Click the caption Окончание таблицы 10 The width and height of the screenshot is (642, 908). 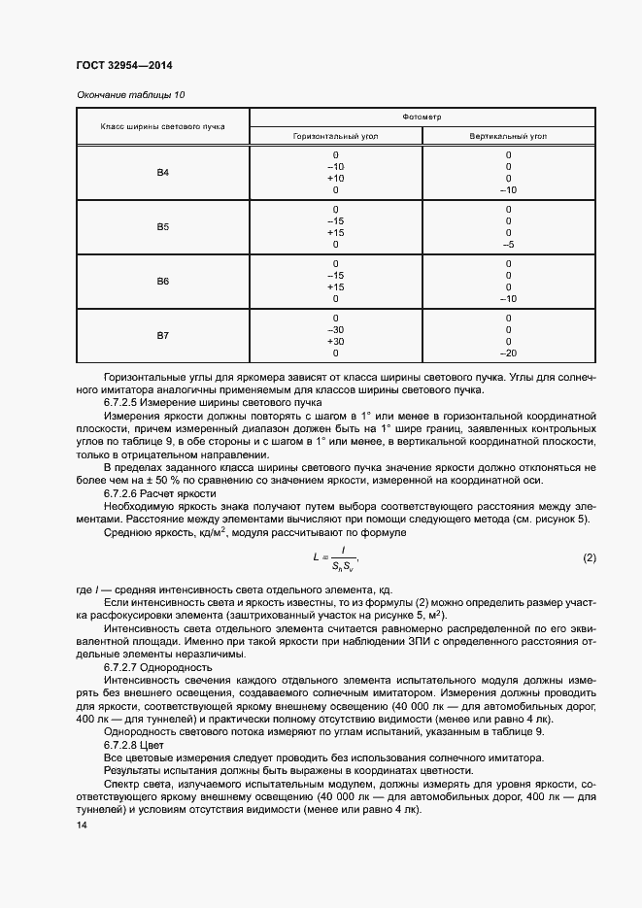pos(130,94)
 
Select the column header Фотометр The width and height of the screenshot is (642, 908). pos(422,117)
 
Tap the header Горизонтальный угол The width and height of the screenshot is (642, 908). pos(336,136)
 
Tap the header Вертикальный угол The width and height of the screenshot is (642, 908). pos(507,136)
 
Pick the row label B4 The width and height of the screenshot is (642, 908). pos(163,173)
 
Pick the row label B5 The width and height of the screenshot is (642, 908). pos(163,227)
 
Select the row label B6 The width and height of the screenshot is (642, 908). pos(163,282)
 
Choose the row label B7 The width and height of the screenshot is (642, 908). pos(163,336)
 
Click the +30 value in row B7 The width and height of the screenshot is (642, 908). pos(336,342)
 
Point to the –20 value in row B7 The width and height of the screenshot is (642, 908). pos(507,353)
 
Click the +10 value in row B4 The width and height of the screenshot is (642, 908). pos(336,179)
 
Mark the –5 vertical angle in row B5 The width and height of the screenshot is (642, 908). pos(507,245)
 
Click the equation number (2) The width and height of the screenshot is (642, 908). pos(589,557)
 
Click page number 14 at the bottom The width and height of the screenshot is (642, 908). pos(82,824)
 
